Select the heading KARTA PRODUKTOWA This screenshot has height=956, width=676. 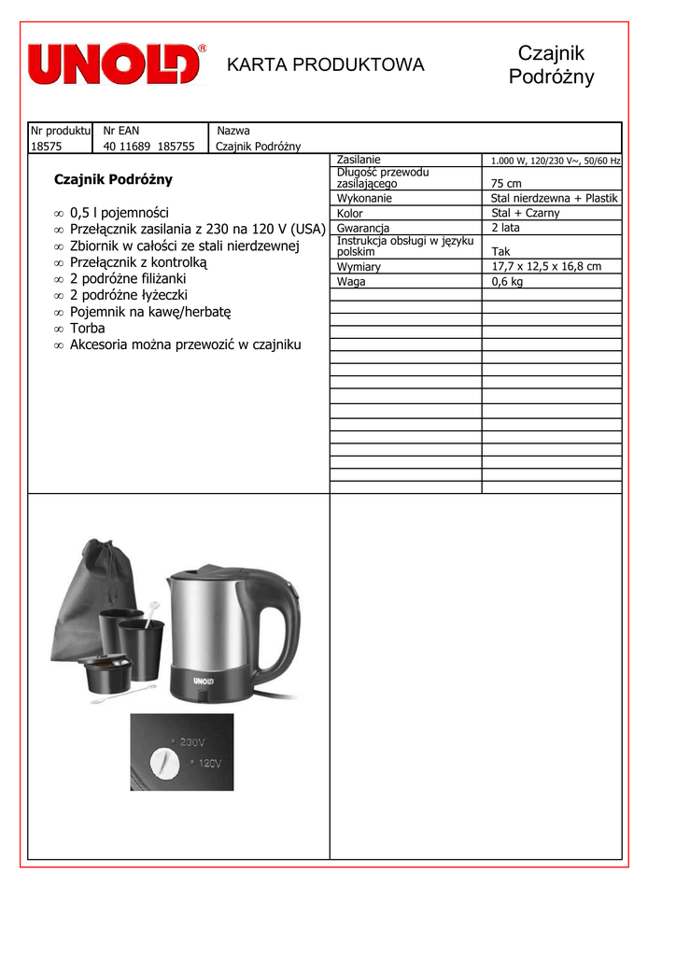pyautogui.click(x=326, y=64)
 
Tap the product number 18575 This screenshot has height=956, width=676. pyautogui.click(x=46, y=146)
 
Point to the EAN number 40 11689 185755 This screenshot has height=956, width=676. pyautogui.click(x=148, y=146)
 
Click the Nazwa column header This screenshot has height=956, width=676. pyautogui.click(x=233, y=131)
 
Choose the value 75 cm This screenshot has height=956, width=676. pyautogui.click(x=506, y=184)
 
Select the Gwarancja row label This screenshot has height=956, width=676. pyautogui.click(x=363, y=228)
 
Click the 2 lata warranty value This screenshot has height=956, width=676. pyautogui.click(x=506, y=228)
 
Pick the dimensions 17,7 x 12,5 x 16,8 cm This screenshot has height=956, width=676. pyautogui.click(x=546, y=267)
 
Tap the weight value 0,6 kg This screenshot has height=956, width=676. pyautogui.click(x=507, y=281)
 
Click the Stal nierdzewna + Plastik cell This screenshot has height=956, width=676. pyautogui.click(x=555, y=198)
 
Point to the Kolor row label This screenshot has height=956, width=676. pyautogui.click(x=350, y=214)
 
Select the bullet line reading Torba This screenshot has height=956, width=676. pyautogui.click(x=88, y=328)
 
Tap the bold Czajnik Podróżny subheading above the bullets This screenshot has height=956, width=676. pyautogui.click(x=113, y=179)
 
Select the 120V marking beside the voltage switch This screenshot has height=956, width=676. pyautogui.click(x=208, y=764)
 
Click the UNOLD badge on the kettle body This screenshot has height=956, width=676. pyautogui.click(x=204, y=681)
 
